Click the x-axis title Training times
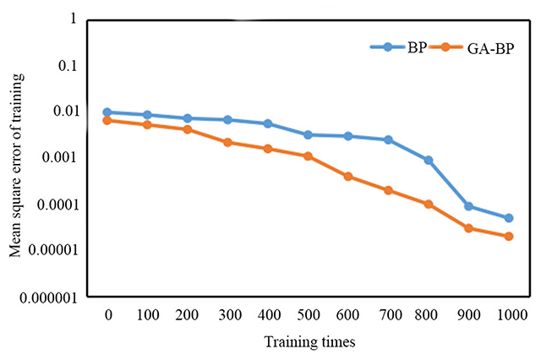click(309, 342)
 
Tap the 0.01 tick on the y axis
click(64, 112)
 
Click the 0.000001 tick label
click(49, 297)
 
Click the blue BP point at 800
click(429, 160)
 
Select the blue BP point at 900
click(468, 206)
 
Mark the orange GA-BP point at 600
click(348, 177)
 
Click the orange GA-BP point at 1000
click(508, 237)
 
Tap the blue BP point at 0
click(108, 112)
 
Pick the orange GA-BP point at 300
click(228, 142)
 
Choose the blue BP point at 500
click(309, 134)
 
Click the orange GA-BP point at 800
click(429, 204)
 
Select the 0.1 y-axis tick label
click(68, 65)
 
